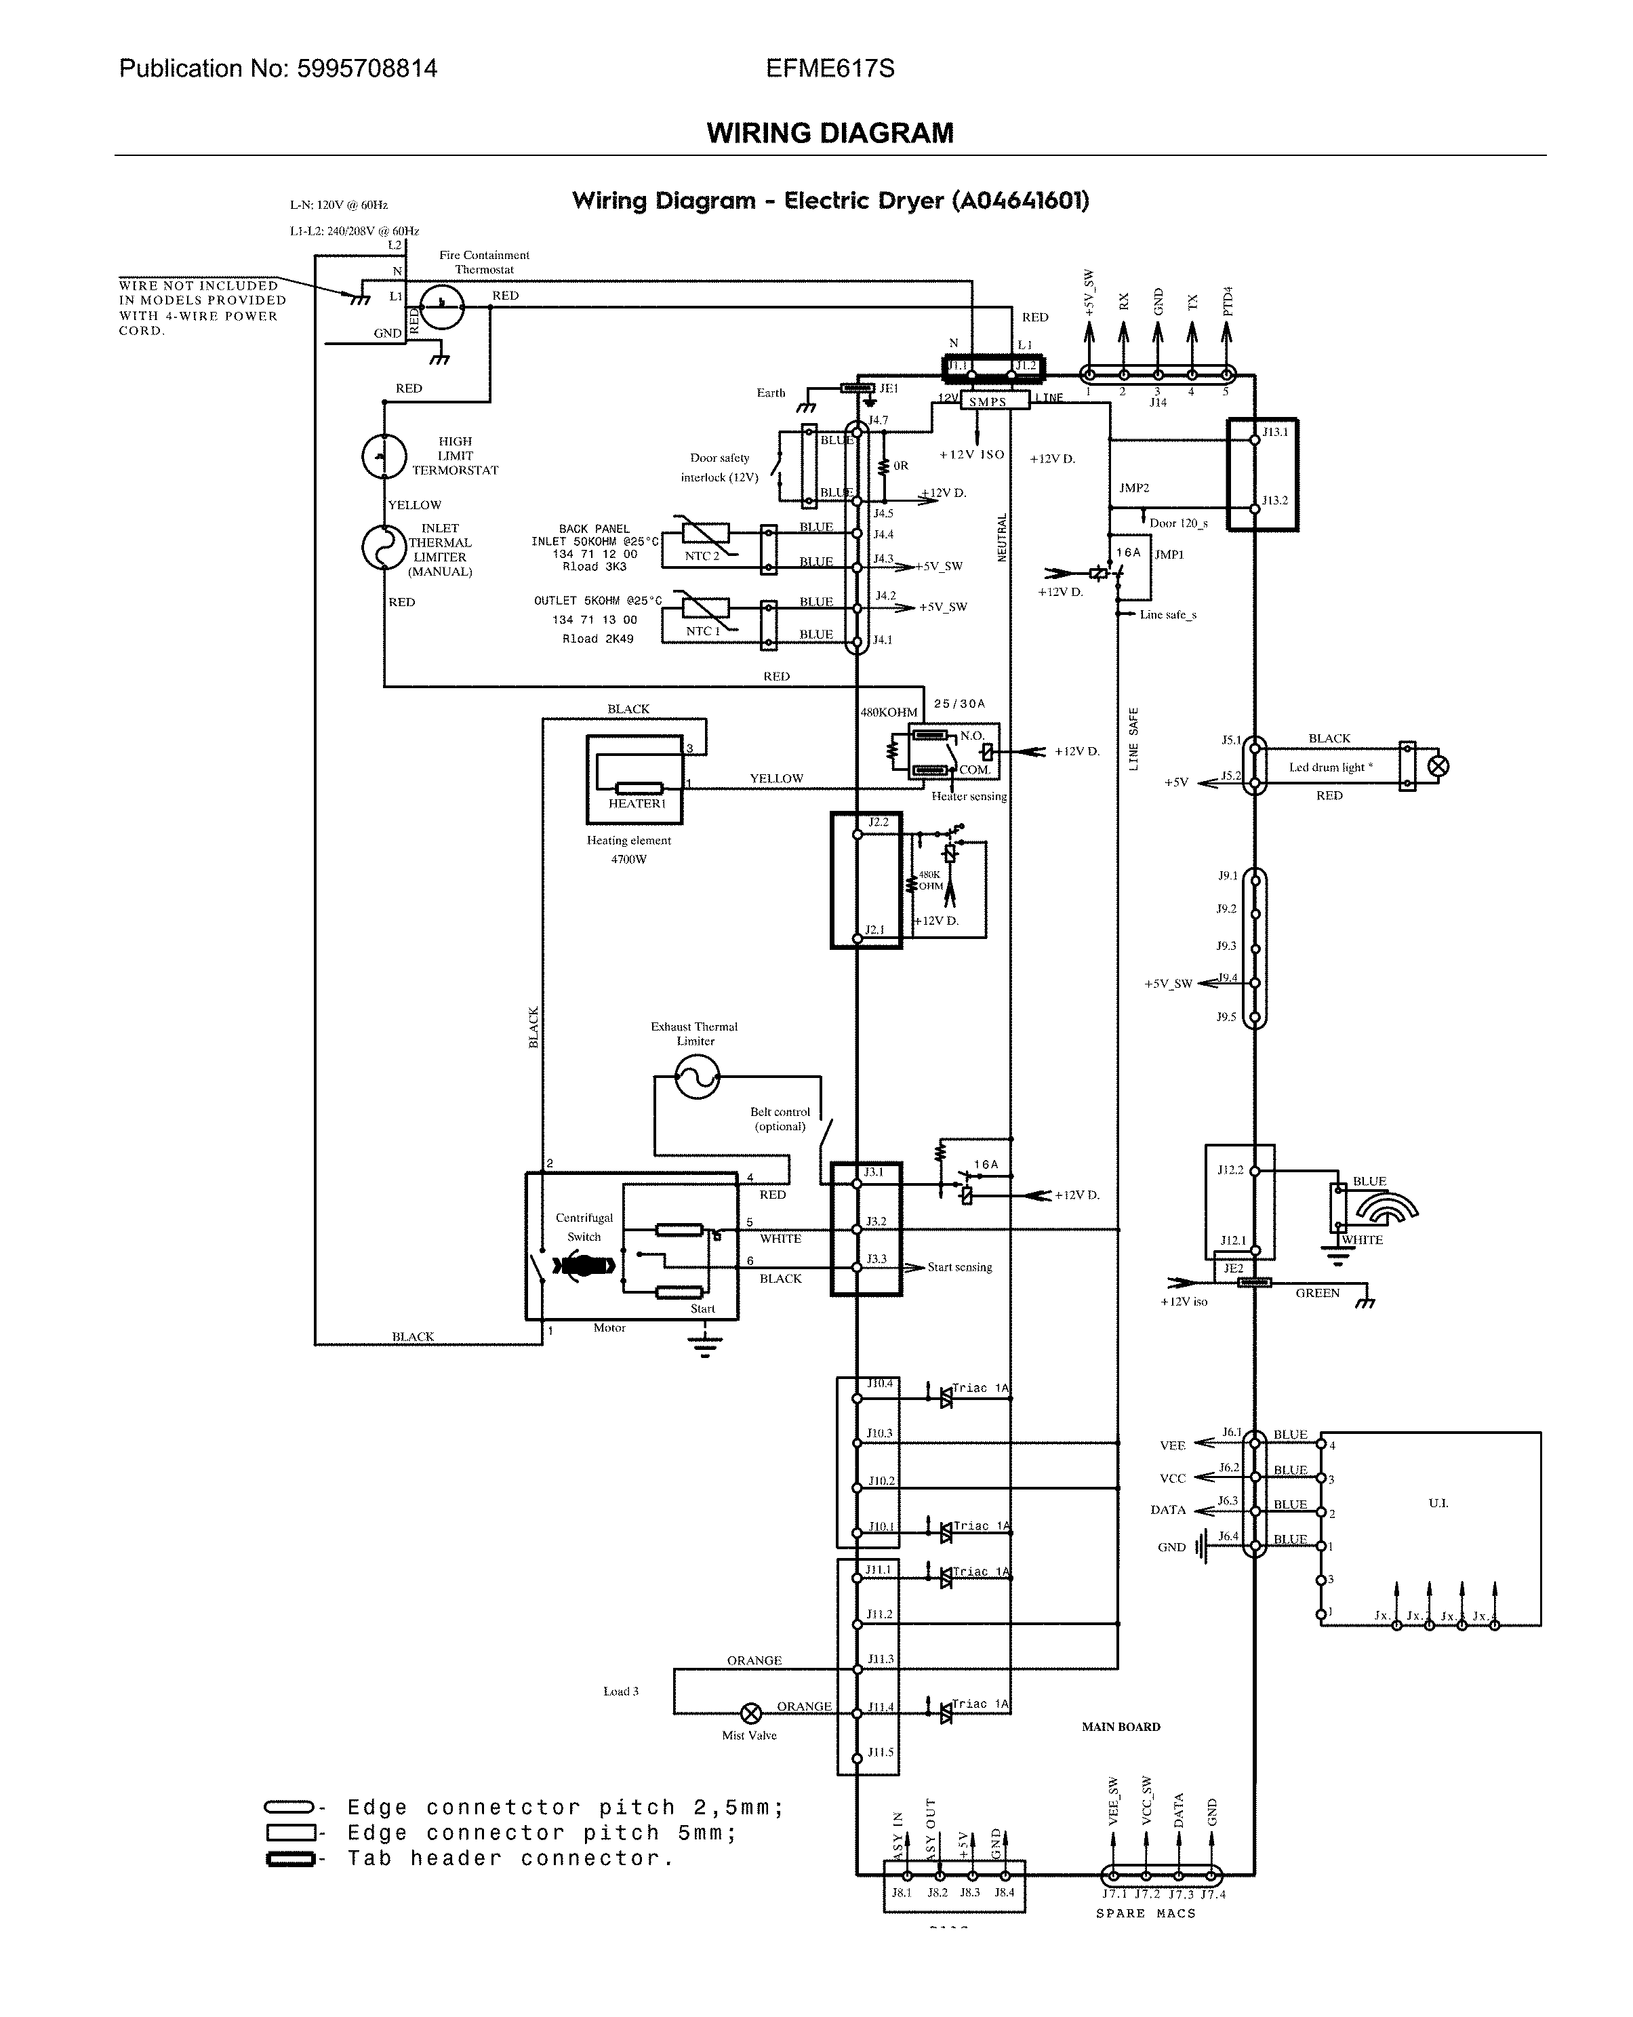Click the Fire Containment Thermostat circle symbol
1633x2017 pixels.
click(441, 306)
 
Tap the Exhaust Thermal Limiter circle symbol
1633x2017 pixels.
click(697, 1076)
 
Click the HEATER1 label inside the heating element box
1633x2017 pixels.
click(637, 803)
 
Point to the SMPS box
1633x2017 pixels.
click(987, 402)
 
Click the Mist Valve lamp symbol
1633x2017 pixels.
click(752, 1713)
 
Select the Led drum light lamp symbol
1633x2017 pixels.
click(1437, 766)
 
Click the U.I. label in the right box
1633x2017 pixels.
click(1437, 1502)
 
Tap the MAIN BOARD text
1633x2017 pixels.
click(1121, 1726)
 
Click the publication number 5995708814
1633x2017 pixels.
click(366, 68)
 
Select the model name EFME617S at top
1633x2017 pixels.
click(830, 68)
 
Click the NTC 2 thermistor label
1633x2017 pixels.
click(702, 556)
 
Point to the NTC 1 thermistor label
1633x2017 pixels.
click(702, 631)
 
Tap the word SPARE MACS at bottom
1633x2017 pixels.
click(1145, 1913)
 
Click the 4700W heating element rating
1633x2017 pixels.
click(628, 859)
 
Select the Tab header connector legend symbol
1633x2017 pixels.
click(289, 1859)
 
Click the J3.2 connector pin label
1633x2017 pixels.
click(876, 1221)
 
